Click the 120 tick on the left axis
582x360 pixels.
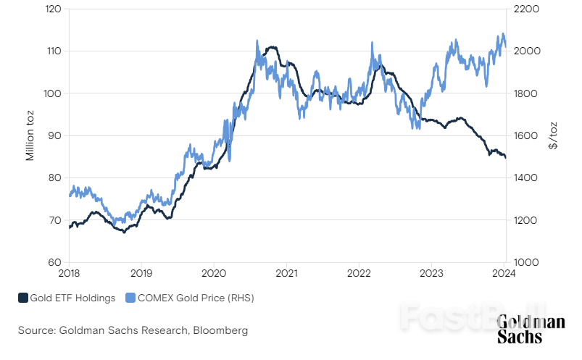coord(53,9)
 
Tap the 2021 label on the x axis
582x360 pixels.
coord(286,274)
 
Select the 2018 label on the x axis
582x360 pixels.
coord(70,274)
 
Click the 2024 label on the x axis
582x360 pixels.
coord(504,274)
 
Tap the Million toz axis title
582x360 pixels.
coord(30,135)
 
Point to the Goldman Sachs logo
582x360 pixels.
coord(531,330)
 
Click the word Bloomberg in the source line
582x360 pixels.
coord(220,330)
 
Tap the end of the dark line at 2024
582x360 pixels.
coord(505,157)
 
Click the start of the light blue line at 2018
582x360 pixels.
coord(70,195)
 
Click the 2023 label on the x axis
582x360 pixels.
coord(431,274)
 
